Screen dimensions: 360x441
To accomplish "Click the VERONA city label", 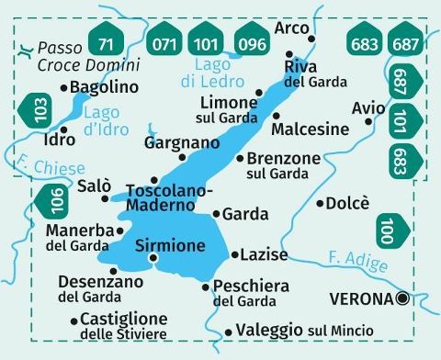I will click(x=362, y=298).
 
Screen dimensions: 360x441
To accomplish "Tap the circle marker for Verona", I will click(x=401, y=298).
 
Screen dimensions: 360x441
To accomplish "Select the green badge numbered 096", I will click(x=248, y=41).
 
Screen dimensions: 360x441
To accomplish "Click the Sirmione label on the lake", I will click(x=169, y=245).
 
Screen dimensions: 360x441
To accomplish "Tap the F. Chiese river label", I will click(x=49, y=167).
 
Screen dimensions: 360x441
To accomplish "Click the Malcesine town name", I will click(x=311, y=129).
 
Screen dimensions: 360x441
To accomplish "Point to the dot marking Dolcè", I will click(x=320, y=203).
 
